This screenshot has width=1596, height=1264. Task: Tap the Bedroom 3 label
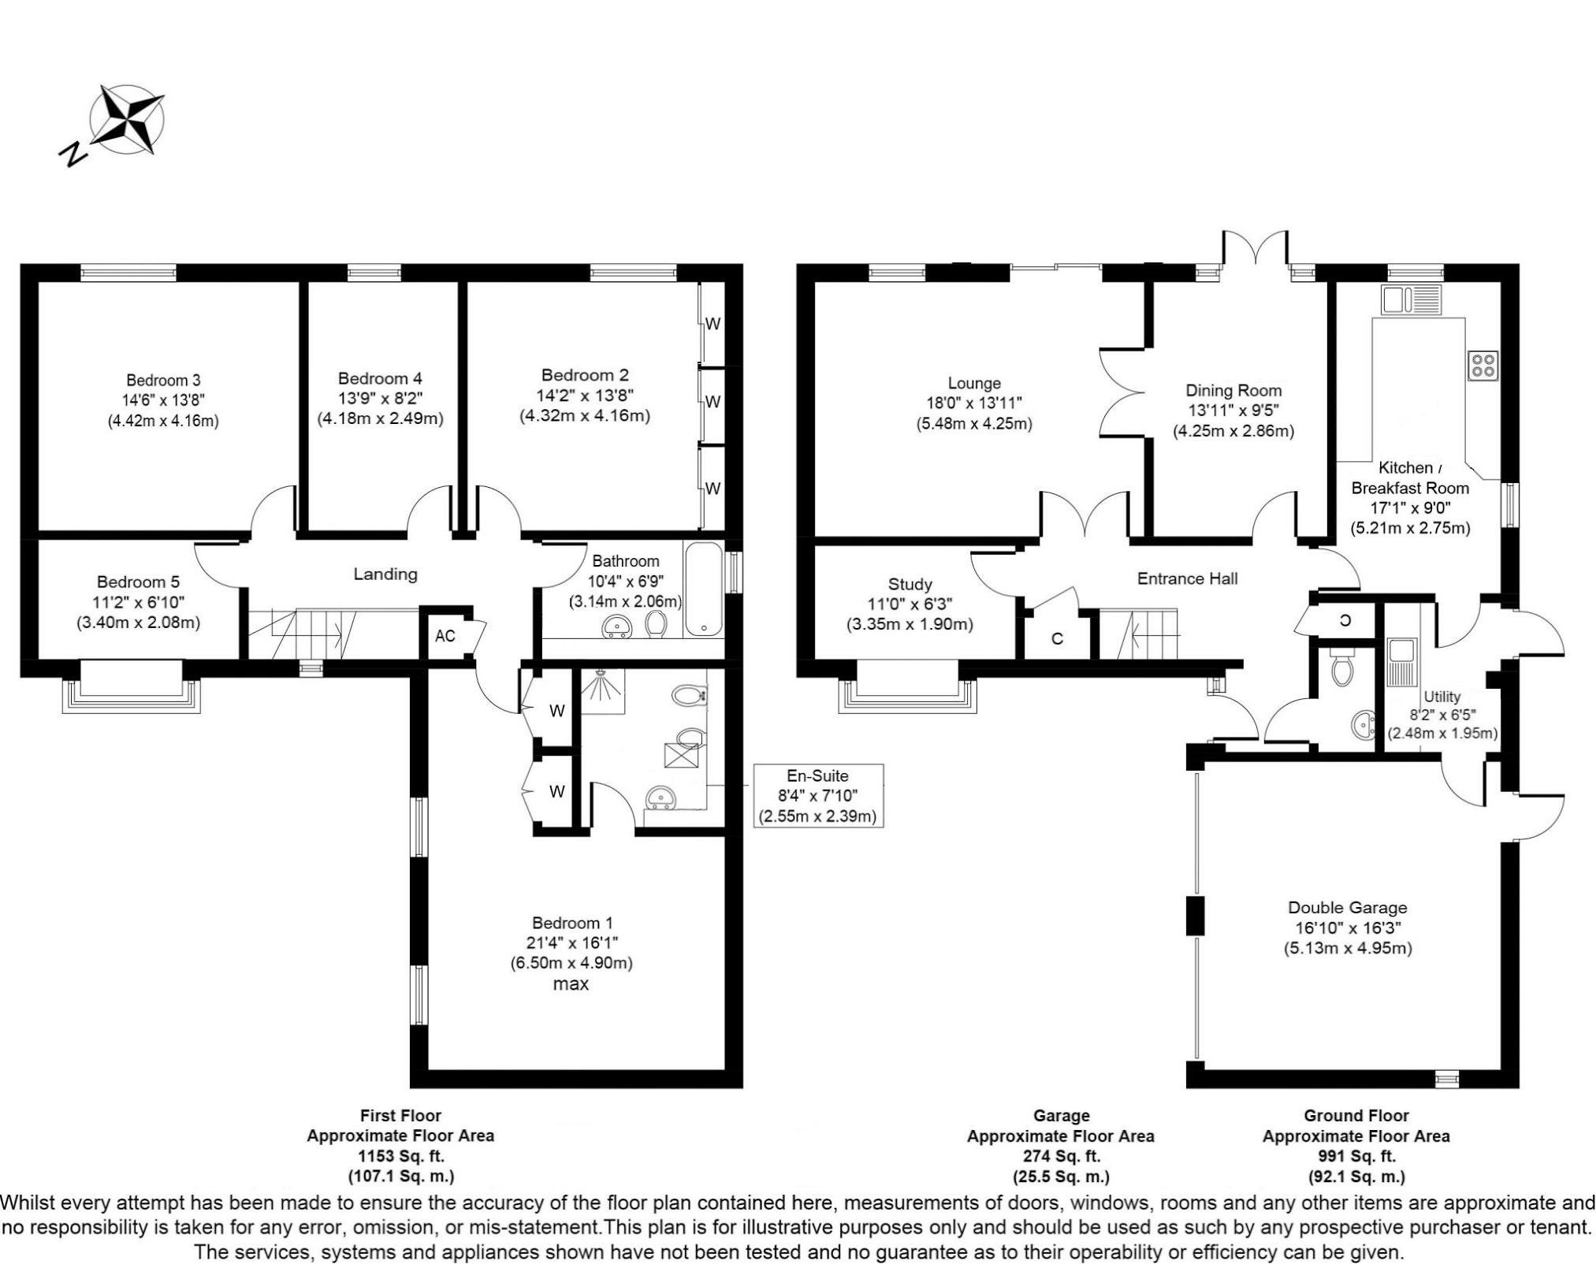coord(163,381)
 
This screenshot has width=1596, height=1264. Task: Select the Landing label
coord(385,574)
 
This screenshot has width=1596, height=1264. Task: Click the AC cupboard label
coord(445,636)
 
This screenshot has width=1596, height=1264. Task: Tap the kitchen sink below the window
coord(1410,300)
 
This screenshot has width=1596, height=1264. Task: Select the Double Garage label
coord(1347,908)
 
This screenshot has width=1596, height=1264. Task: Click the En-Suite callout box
coord(817,796)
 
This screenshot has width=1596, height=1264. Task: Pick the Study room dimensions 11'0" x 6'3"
coord(910,604)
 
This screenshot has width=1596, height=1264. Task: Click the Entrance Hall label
coord(1187,579)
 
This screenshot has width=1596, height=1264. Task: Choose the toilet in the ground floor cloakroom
coord(1341,669)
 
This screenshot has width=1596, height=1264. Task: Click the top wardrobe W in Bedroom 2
coord(712,324)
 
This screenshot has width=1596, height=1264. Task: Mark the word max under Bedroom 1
coord(571,984)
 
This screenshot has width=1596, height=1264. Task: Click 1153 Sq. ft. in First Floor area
coord(400,1157)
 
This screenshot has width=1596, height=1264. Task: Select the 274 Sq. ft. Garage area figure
coord(1060,1157)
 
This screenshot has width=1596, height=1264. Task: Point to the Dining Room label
coord(1233,391)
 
